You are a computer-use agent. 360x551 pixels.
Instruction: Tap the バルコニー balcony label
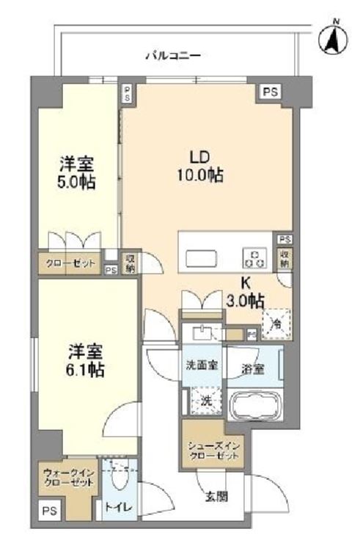[x=173, y=56]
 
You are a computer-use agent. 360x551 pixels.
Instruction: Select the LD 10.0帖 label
[x=200, y=166]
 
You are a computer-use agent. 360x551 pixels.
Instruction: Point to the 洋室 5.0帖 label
[x=76, y=173]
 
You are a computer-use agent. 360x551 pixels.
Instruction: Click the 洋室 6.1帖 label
[x=85, y=360]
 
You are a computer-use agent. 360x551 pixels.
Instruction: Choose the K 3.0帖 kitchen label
[x=245, y=291]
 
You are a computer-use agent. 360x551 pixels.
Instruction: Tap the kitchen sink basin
[x=201, y=259]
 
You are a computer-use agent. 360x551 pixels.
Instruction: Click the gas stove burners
[x=254, y=258]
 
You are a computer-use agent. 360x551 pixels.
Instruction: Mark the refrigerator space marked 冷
[x=276, y=324]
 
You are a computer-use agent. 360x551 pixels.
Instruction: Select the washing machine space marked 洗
[x=207, y=401]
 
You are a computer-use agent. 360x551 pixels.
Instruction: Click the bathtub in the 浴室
[x=255, y=405]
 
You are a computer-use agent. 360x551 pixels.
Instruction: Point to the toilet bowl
[x=119, y=477]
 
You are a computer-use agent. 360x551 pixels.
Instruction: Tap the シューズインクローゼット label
[x=213, y=450]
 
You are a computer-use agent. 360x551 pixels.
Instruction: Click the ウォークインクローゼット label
[x=69, y=477]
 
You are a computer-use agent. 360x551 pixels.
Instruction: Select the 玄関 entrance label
[x=217, y=497]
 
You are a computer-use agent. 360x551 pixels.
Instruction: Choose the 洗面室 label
[x=202, y=365]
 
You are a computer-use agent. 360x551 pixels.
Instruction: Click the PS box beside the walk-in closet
[x=50, y=511]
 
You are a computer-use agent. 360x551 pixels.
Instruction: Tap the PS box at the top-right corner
[x=271, y=92]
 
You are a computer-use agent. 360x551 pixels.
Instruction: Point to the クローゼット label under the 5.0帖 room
[x=70, y=263]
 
